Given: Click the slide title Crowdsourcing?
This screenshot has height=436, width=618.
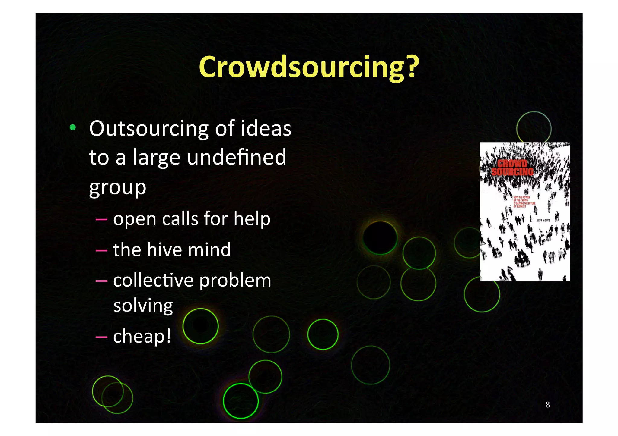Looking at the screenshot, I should point(309,67).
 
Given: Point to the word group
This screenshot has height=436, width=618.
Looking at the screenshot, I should point(118,188).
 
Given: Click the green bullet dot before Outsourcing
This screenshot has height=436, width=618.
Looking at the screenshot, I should point(72,128).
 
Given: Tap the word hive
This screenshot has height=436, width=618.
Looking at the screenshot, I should point(165,250).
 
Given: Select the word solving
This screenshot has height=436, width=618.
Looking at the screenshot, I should point(143,306).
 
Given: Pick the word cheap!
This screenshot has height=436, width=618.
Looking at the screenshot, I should point(142,336).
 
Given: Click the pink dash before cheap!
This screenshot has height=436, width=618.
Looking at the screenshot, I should point(101,337).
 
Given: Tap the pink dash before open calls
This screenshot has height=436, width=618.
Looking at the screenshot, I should point(101,219).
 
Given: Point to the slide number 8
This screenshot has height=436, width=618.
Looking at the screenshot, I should point(547,405).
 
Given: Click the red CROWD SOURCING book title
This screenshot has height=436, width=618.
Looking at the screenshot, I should point(512,168).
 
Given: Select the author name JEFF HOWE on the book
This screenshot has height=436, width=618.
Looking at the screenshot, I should point(543,221).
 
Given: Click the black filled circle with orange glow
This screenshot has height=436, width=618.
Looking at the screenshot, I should point(380,237).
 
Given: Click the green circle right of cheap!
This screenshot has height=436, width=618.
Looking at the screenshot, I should point(200,326).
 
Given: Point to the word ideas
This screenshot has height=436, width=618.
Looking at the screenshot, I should point(266,129).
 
